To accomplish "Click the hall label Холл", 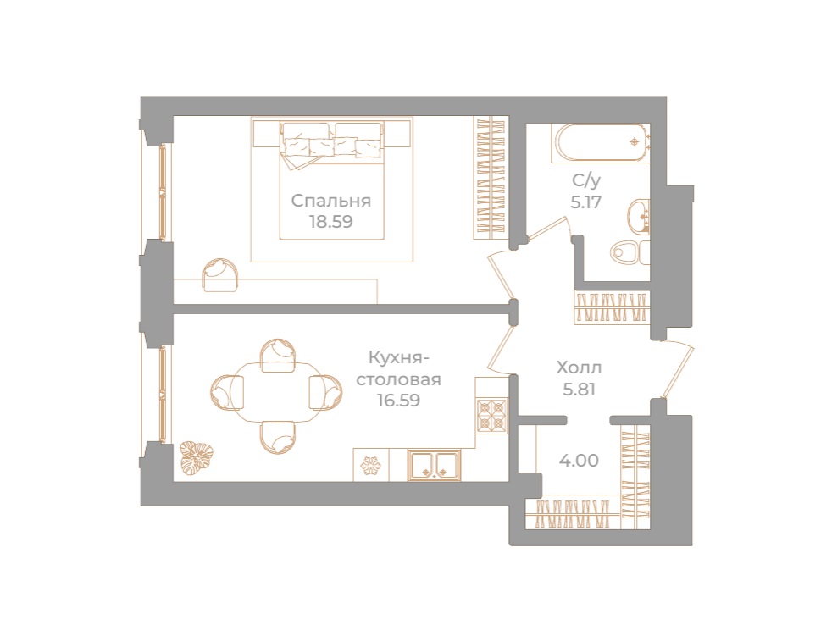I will coord(579,368).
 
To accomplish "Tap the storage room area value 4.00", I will coord(579,461).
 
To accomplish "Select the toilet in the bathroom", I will coord(628,251).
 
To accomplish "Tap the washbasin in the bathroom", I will coord(641,216).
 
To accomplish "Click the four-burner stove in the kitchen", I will coord(491,416).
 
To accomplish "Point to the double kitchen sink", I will coord(434,464).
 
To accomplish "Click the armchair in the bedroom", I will coord(220,274).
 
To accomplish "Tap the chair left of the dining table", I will coord(227,391).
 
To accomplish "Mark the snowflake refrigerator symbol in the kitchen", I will coord(370,465).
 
